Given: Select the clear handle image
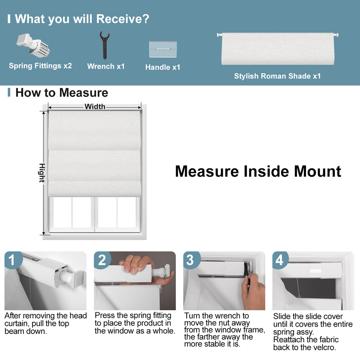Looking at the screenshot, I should point(163,49).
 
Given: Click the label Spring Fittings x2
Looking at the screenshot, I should point(40,66).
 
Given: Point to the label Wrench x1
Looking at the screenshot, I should point(106,66).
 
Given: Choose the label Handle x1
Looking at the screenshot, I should point(163,67).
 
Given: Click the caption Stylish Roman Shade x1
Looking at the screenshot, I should point(277,76).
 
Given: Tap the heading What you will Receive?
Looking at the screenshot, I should point(82,19).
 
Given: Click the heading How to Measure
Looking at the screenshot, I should point(61,93).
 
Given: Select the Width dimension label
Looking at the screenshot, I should point(95,106).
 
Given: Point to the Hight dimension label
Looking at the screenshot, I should point(42,173).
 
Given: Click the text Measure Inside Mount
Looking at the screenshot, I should point(258,171).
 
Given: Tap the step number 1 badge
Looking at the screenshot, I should point(12,259).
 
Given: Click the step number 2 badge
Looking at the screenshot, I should point(102,260).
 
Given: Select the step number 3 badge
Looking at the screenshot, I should point(190,260).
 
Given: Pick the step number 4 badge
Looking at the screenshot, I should point(279,260).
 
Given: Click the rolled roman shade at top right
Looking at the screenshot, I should point(277,49).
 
